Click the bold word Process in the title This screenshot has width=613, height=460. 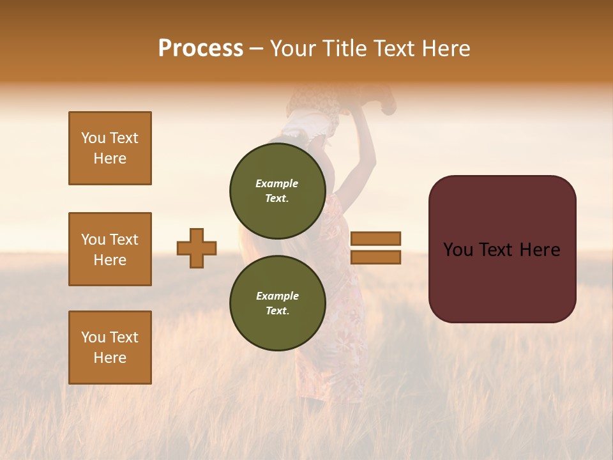(201, 48)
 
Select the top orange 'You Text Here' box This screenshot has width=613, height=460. (110, 148)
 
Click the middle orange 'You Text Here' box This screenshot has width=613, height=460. (110, 249)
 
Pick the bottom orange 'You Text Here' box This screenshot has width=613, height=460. (110, 348)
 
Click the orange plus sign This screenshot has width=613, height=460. (197, 248)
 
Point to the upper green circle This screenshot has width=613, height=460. (277, 190)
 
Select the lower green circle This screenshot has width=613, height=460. (277, 303)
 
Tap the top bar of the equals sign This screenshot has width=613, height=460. (375, 238)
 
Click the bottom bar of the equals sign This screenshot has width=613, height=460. (375, 257)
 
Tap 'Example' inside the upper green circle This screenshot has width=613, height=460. (277, 183)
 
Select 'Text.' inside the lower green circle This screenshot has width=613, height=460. (277, 310)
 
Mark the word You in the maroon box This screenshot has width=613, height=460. (458, 250)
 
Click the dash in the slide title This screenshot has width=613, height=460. (257, 49)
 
